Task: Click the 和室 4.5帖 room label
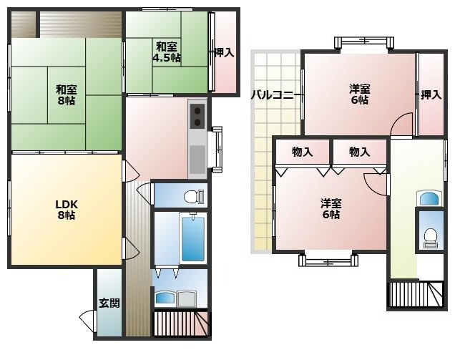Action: click(x=167, y=52)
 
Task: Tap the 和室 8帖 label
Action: click(x=66, y=95)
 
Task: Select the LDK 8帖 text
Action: click(x=67, y=210)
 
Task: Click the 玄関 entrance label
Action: click(x=109, y=303)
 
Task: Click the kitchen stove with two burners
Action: click(x=197, y=116)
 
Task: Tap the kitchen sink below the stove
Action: click(x=197, y=159)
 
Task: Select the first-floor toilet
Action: click(x=194, y=196)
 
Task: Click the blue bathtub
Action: click(x=193, y=238)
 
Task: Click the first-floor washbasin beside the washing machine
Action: click(x=165, y=298)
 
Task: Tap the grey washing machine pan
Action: click(x=186, y=298)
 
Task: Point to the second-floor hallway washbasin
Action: click(x=429, y=198)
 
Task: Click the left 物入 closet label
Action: click(x=302, y=152)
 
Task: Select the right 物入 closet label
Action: click(x=360, y=152)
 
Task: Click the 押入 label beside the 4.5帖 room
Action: click(x=224, y=52)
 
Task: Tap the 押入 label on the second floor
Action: click(x=431, y=94)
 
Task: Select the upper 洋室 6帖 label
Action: click(x=360, y=94)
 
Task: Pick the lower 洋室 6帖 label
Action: click(x=331, y=209)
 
